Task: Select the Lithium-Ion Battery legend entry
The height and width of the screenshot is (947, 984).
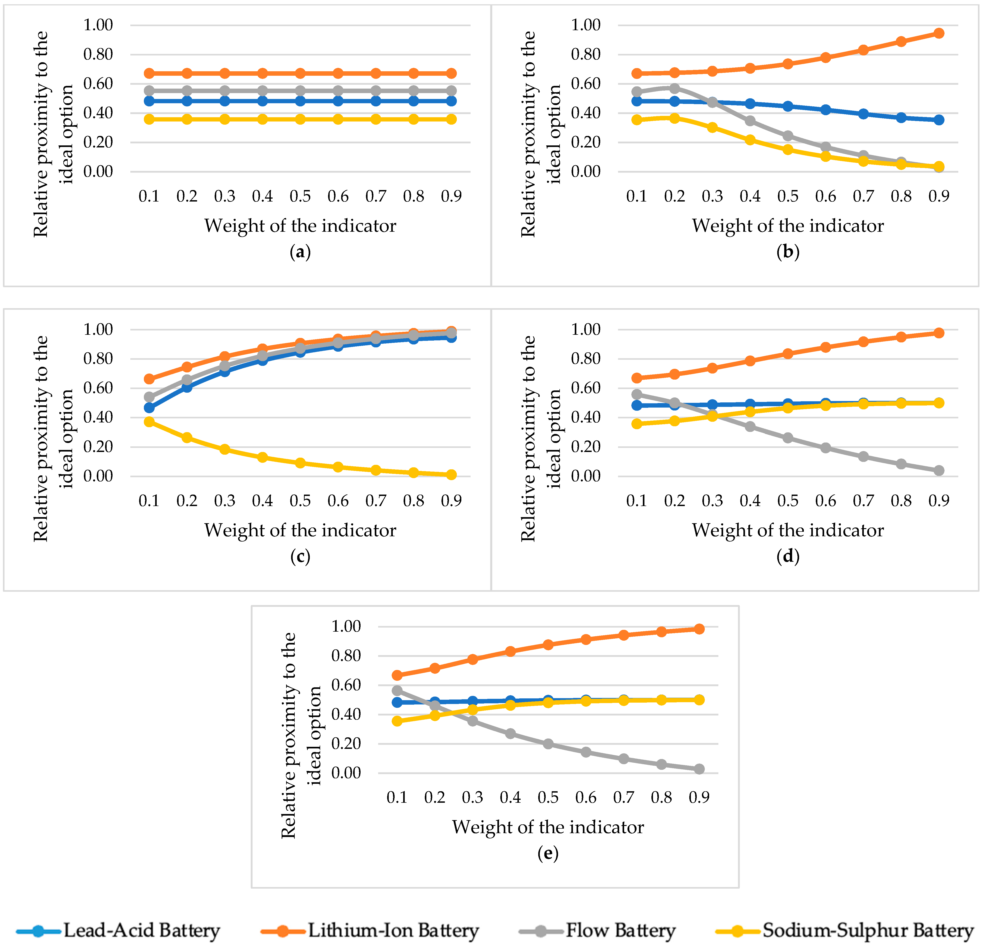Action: [x=370, y=931]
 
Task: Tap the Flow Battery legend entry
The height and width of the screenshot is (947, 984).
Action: [x=598, y=931]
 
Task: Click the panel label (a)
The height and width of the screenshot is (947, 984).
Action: [x=300, y=252]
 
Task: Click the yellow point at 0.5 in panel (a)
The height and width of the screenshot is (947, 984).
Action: [x=300, y=119]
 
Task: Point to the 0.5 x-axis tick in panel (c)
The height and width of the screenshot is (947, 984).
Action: [x=300, y=501]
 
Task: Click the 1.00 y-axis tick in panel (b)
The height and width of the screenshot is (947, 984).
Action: [x=586, y=25]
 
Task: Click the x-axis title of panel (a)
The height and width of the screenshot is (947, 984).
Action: [x=300, y=226]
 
